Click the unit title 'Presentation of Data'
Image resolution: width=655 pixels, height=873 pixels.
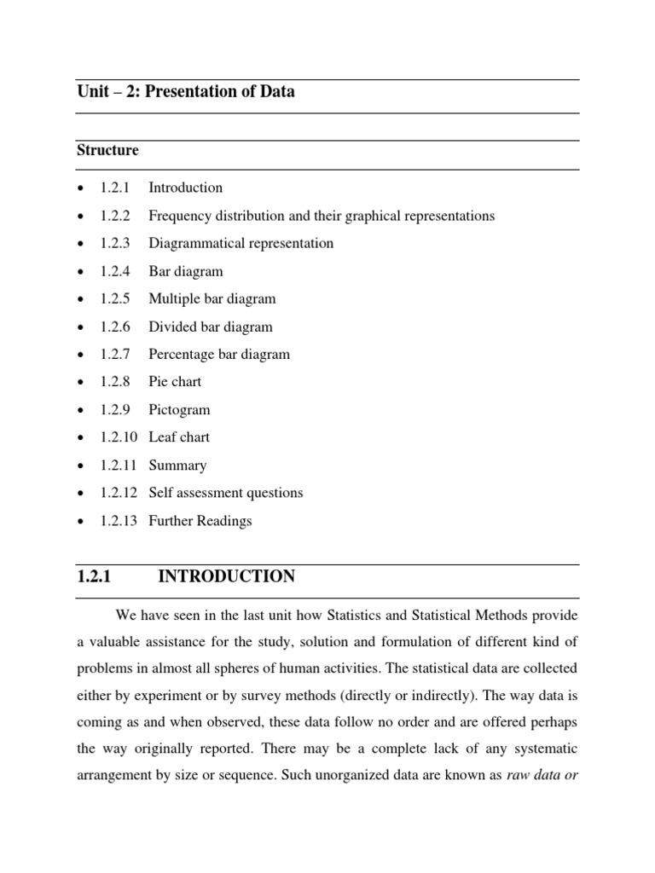[219, 92]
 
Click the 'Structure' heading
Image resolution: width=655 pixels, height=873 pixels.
[107, 151]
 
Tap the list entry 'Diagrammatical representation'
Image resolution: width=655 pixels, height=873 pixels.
[241, 244]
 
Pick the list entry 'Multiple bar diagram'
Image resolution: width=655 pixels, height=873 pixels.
[212, 299]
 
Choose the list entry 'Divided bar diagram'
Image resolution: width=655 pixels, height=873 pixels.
[210, 327]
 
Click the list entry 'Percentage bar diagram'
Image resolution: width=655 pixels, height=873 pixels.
[219, 355]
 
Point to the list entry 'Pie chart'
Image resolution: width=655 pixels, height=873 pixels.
[175, 382]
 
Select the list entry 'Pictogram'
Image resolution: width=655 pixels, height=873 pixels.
[179, 410]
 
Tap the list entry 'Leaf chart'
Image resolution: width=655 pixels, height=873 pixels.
[178, 437]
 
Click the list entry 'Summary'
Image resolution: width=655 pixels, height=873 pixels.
[177, 465]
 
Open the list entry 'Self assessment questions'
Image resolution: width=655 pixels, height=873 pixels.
[225, 493]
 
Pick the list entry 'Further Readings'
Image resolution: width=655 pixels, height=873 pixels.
[200, 521]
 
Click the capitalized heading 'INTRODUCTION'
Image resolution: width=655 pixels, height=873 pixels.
[227, 577]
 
